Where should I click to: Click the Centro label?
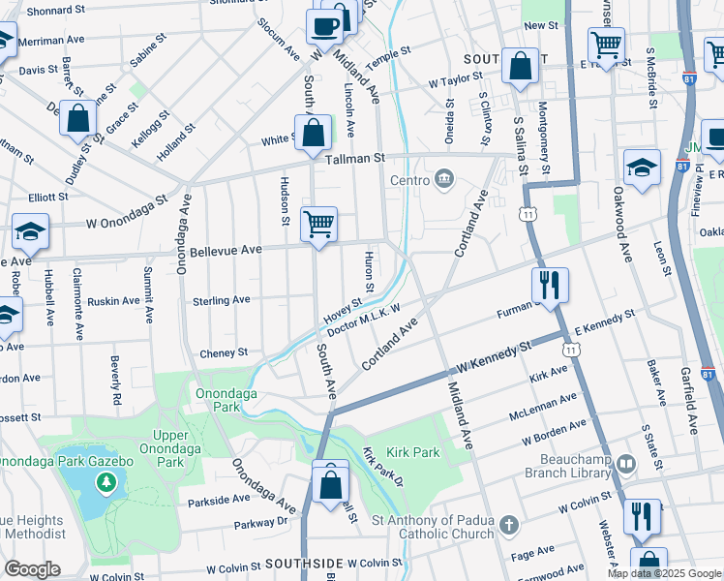pos(408,179)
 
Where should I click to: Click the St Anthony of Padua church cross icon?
pos(508,527)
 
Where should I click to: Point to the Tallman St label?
pos(355,158)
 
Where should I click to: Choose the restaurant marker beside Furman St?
pos(549,286)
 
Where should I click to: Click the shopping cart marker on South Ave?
pos(318,226)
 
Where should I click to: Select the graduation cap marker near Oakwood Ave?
pos(642,168)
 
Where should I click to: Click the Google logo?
pos(31,569)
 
